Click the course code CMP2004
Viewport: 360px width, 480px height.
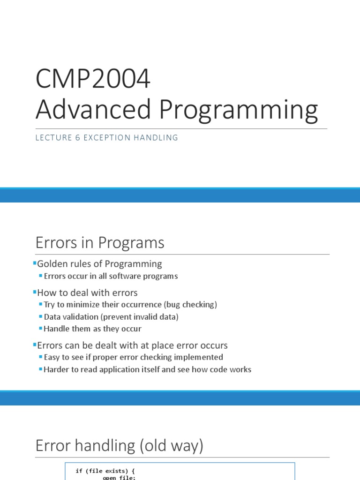(x=93, y=79)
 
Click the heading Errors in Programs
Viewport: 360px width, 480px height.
(x=100, y=243)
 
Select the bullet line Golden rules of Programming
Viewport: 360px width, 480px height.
(x=99, y=264)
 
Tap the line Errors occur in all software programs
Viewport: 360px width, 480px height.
(x=111, y=276)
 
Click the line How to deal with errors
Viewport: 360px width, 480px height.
(x=87, y=293)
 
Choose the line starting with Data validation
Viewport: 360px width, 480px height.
(x=111, y=317)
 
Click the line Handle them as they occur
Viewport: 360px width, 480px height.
(x=92, y=329)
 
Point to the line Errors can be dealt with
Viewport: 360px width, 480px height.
(x=132, y=345)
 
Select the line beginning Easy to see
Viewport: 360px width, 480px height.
(x=133, y=358)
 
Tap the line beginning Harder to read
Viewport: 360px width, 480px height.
(x=147, y=370)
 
